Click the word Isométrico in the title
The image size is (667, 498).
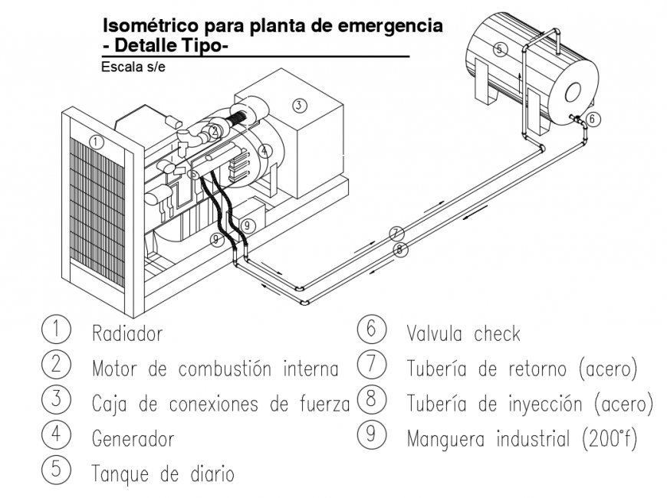coord(146,25)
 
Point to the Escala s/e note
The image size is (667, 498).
coord(133,67)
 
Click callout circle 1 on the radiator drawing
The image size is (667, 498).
coord(96,141)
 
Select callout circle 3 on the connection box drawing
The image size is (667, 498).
coord(299,105)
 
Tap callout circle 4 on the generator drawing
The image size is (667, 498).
coord(264,151)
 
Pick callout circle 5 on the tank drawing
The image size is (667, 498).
coord(499,49)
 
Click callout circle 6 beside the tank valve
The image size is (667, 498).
coord(595,119)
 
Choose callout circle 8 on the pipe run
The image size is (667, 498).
coord(399,249)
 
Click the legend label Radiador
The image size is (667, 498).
coord(127,334)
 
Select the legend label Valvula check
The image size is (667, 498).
coord(463,334)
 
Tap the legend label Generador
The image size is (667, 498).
coord(133,439)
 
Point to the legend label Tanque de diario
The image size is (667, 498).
coord(163,473)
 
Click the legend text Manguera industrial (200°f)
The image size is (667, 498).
coord(521,439)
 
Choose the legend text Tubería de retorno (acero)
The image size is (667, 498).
coord(521,369)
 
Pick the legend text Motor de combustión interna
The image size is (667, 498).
coord(215,369)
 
